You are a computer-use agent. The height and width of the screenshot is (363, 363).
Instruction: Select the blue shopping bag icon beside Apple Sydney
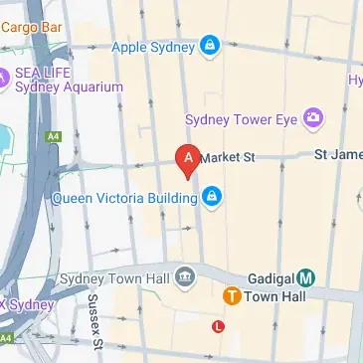(x=209, y=45)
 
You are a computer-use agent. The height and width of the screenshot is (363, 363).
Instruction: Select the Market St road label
(x=228, y=157)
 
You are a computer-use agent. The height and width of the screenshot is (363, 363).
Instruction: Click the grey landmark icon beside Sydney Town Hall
(x=185, y=277)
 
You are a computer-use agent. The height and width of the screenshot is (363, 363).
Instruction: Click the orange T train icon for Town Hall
(x=231, y=296)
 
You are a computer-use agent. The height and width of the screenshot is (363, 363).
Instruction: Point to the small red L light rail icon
(x=218, y=325)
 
